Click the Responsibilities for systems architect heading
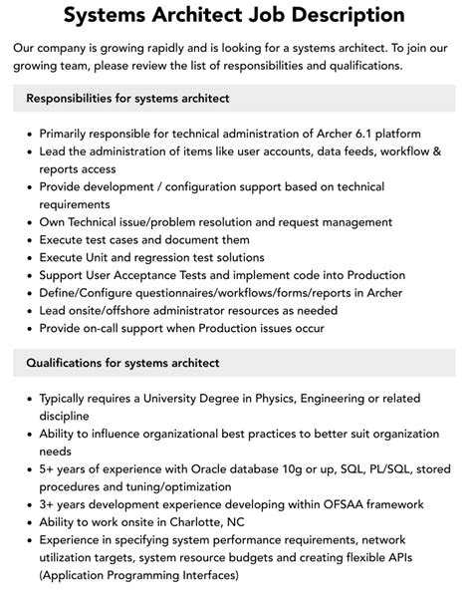tap(127, 98)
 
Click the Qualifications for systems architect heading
tap(121, 363)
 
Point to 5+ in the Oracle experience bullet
tap(47, 468)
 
